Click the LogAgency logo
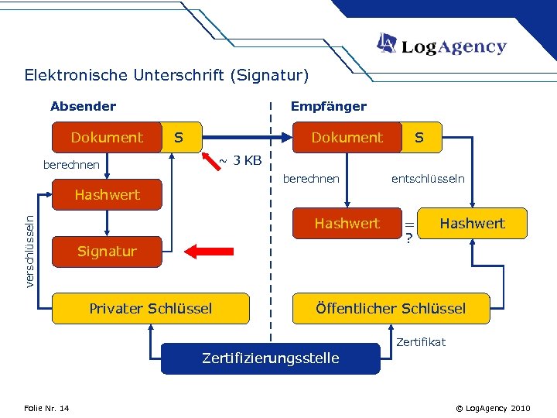pyautogui.click(x=442, y=45)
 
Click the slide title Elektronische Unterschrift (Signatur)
pyautogui.click(x=166, y=75)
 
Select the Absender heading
pyautogui.click(x=83, y=106)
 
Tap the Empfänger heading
pyautogui.click(x=328, y=106)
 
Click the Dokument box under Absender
pyautogui.click(x=107, y=138)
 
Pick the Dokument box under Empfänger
pyautogui.click(x=347, y=138)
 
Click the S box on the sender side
pyautogui.click(x=179, y=138)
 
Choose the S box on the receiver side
pyautogui.click(x=419, y=138)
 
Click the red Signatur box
pyautogui.click(x=107, y=252)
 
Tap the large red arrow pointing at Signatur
pyautogui.click(x=209, y=251)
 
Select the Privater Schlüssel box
pyautogui.click(x=150, y=309)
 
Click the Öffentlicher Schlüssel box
pyautogui.click(x=391, y=309)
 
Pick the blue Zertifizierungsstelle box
pyautogui.click(x=271, y=358)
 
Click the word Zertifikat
pyautogui.click(x=420, y=342)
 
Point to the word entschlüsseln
pyautogui.click(x=428, y=179)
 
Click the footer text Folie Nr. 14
pyautogui.click(x=46, y=408)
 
